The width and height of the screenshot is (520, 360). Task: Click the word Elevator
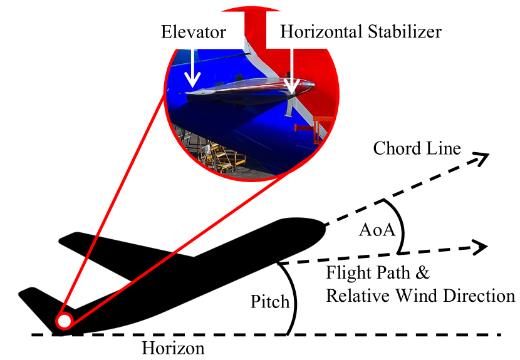click(193, 31)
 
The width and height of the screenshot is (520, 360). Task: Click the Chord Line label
click(417, 148)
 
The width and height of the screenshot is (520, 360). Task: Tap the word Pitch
click(269, 302)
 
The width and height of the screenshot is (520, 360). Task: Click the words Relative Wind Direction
click(420, 295)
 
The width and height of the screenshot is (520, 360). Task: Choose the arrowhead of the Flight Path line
click(482, 247)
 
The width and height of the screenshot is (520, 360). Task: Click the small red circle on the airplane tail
click(63, 321)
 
